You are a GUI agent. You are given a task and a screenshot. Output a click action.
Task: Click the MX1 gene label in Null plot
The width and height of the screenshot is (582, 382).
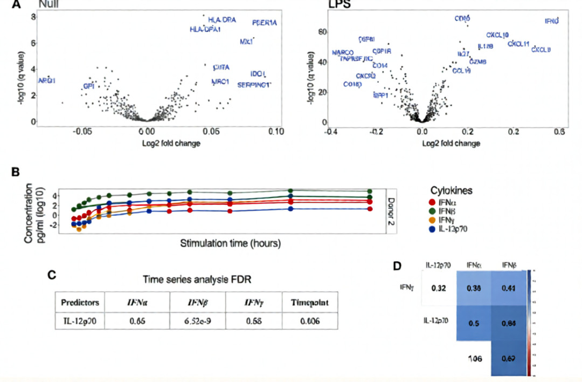tap(246, 42)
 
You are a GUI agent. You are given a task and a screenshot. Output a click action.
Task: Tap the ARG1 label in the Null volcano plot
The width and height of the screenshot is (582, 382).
tap(47, 80)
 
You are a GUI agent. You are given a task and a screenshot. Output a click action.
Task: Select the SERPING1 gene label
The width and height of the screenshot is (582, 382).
tap(254, 84)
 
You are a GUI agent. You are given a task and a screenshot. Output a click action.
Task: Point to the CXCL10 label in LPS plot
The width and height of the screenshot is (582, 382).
tap(497, 35)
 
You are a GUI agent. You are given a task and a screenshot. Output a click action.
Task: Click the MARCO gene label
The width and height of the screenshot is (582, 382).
tap(343, 52)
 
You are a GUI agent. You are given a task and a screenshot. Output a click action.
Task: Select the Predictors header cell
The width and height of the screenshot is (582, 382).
tap(80, 303)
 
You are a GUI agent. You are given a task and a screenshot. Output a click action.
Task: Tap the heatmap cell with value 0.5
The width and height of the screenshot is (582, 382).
tap(474, 323)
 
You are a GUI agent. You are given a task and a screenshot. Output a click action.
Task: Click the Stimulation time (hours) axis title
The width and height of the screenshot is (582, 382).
tap(230, 243)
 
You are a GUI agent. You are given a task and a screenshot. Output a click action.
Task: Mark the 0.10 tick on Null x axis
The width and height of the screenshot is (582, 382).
tap(276, 131)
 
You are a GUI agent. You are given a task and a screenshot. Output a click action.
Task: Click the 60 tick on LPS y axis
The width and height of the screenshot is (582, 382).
tap(323, 32)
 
